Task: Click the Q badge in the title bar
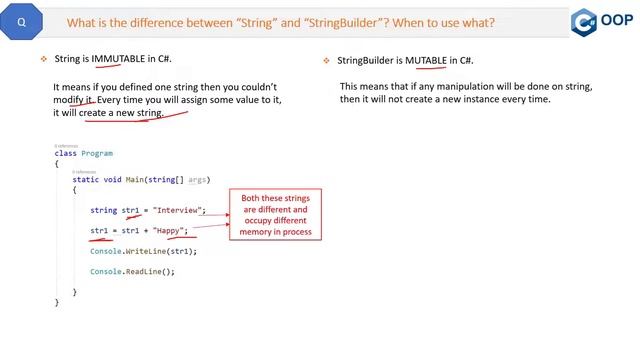click(22, 21)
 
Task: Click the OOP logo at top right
click(603, 22)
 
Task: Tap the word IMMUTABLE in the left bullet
click(119, 60)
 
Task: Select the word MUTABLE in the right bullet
click(426, 60)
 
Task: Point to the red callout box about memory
click(275, 214)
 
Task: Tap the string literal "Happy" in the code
click(170, 231)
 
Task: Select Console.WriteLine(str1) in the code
click(143, 251)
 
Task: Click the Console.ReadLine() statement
click(132, 271)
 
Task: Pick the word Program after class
click(98, 154)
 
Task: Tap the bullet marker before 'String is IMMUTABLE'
click(44, 60)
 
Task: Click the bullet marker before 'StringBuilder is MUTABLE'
click(326, 60)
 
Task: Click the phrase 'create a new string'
click(123, 113)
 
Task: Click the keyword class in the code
click(65, 154)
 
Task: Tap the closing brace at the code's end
click(57, 301)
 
